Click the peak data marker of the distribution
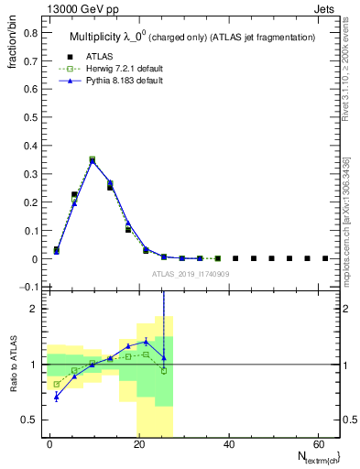point(92,159)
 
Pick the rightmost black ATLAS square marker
point(325,258)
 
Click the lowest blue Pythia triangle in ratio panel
point(57,397)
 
